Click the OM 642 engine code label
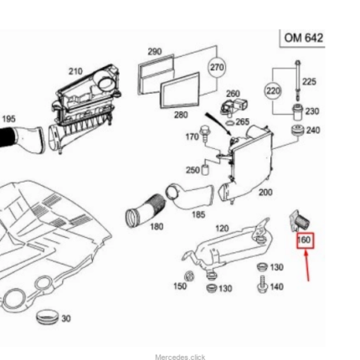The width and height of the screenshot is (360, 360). click(303, 38)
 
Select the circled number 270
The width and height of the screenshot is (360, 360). click(217, 67)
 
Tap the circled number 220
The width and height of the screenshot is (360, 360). click(273, 90)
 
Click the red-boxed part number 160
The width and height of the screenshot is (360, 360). click(305, 240)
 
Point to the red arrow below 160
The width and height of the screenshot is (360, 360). click(307, 266)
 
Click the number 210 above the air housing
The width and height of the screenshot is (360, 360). click(75, 71)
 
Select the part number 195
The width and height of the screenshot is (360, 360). click(8, 119)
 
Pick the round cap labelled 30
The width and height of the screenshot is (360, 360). click(48, 316)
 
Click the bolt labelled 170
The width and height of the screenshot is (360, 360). click(204, 133)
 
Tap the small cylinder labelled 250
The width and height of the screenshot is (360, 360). click(205, 169)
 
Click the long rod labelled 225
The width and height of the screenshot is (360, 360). click(298, 80)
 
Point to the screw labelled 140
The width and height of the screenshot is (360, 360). click(262, 285)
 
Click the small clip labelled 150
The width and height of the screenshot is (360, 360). click(189, 276)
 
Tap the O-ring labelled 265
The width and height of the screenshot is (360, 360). click(229, 123)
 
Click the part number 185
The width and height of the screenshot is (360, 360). click(198, 214)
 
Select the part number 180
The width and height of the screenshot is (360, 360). click(157, 226)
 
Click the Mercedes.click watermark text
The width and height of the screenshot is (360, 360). click(180, 357)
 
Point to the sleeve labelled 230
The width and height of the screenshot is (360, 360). click(297, 111)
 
